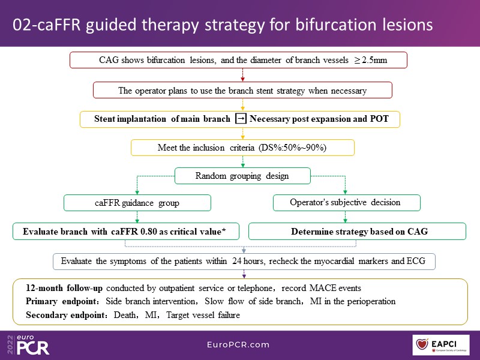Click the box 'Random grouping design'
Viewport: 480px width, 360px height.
(x=242, y=176)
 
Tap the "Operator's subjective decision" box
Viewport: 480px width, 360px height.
(x=346, y=203)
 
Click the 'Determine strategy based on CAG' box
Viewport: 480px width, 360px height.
(x=357, y=231)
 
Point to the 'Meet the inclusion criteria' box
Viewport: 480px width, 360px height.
(x=242, y=148)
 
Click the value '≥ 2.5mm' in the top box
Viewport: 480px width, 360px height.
(x=367, y=61)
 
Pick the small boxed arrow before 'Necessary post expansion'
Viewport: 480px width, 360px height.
(x=240, y=119)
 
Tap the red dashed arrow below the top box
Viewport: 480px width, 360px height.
(x=242, y=76)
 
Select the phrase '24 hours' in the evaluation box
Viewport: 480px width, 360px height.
(x=245, y=262)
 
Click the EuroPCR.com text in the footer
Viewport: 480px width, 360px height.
(x=239, y=345)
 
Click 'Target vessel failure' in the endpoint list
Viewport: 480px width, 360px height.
(x=202, y=314)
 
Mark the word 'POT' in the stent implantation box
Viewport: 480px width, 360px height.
(x=379, y=119)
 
